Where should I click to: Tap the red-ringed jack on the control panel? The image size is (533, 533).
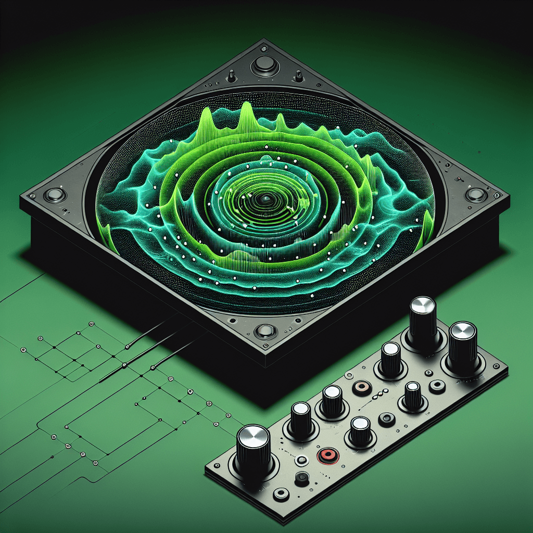point(326,455)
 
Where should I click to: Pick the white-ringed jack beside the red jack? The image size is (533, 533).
point(301,461)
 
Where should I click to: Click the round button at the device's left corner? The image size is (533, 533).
point(54,195)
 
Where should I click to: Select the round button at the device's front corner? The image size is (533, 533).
point(264,331)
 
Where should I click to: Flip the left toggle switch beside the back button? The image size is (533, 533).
point(230,78)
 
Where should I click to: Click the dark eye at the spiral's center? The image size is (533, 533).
point(266,199)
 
